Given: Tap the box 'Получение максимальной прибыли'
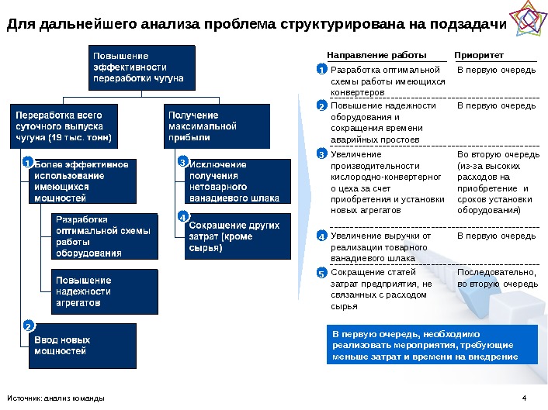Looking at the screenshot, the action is click(x=217, y=126).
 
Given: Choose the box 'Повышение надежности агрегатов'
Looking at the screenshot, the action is click(x=103, y=291).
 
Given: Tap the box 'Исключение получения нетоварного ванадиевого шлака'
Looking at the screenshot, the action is click(x=238, y=181).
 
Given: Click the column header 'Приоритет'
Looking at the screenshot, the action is click(x=479, y=56).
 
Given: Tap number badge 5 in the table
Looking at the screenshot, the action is click(x=322, y=274).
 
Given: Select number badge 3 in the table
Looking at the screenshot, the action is click(x=322, y=155).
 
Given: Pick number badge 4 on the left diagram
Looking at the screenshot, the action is click(x=183, y=216).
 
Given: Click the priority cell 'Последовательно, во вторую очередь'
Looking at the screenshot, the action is click(x=497, y=278).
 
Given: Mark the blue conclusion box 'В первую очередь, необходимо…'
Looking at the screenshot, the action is click(x=429, y=345).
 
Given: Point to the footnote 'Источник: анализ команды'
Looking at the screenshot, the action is click(x=55, y=399).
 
